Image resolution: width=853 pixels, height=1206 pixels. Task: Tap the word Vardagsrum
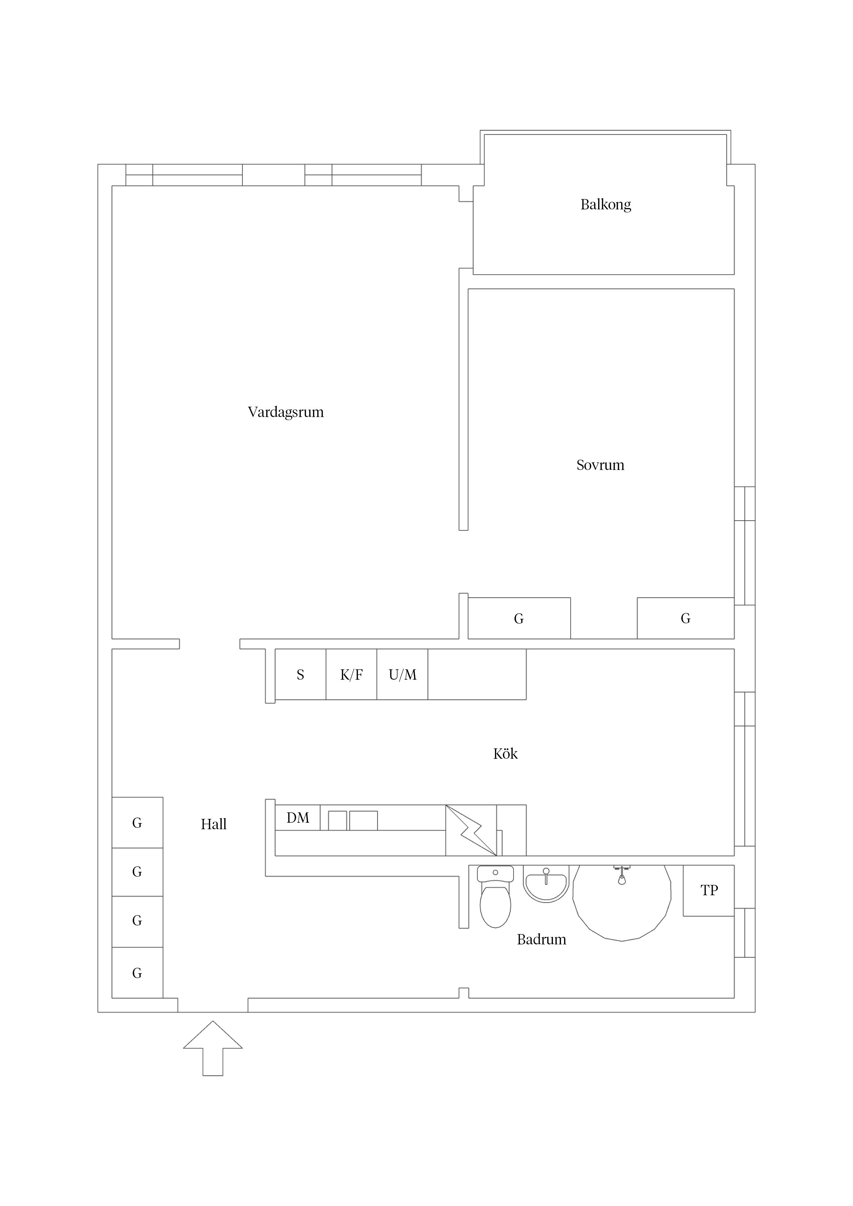pyautogui.click(x=285, y=412)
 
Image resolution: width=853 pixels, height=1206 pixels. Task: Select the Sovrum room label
pyautogui.click(x=600, y=465)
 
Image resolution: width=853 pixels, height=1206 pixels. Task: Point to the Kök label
pyautogui.click(x=505, y=754)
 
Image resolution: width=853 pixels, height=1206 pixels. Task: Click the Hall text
pyautogui.click(x=213, y=824)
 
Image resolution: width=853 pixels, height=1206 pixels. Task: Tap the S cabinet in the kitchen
pyautogui.click(x=301, y=675)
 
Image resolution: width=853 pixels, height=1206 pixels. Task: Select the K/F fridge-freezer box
pyautogui.click(x=351, y=675)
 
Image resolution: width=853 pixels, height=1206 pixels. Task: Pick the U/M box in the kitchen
pyautogui.click(x=402, y=675)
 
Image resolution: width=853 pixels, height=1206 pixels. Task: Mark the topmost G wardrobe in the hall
pyautogui.click(x=137, y=823)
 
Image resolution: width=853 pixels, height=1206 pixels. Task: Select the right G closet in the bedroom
pyautogui.click(x=686, y=618)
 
